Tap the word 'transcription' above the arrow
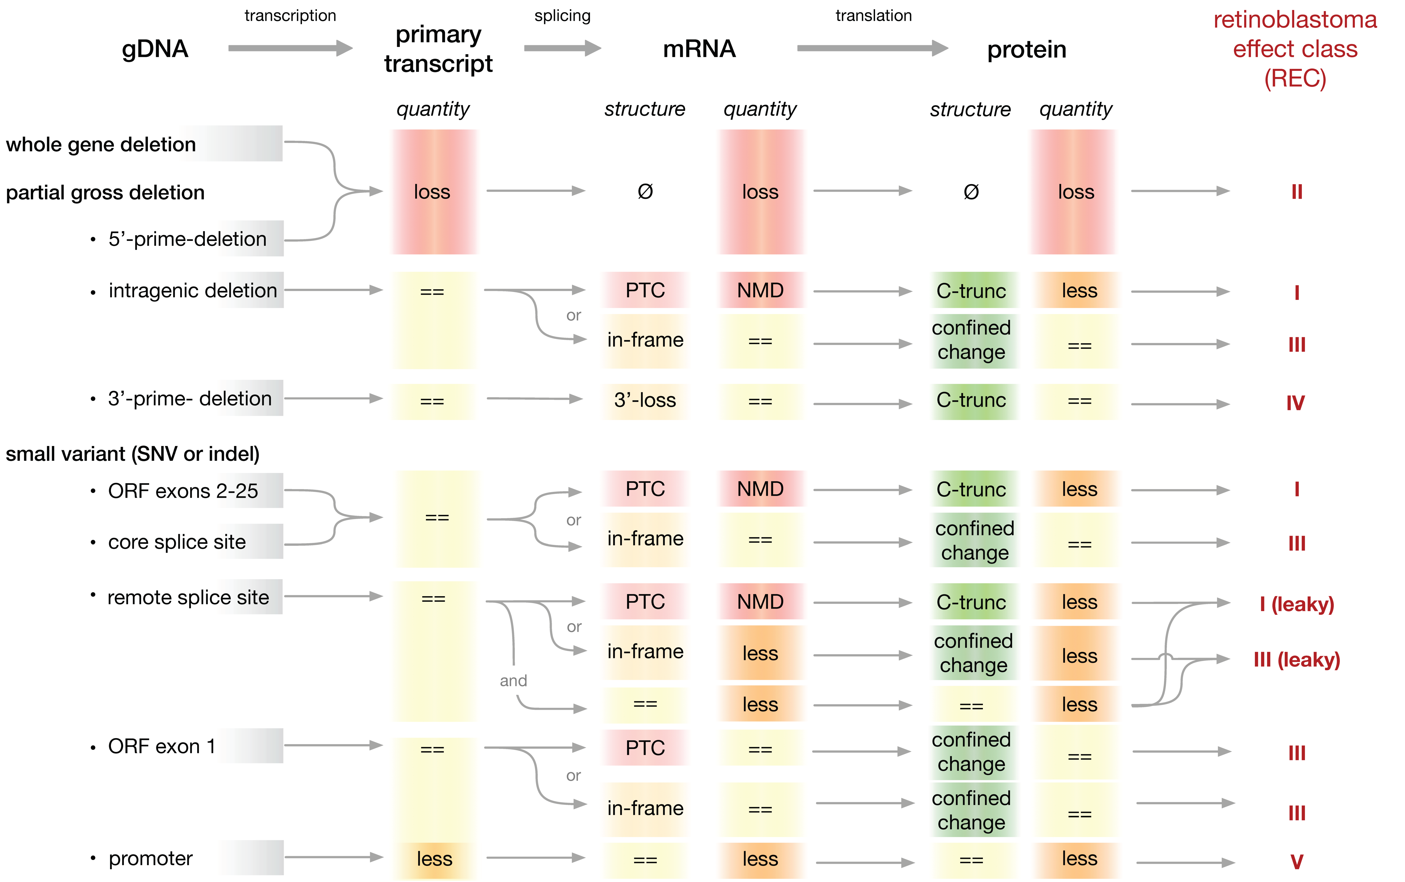coord(290,16)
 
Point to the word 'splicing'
coord(563,16)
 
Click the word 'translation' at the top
coord(874,16)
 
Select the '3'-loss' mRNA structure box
coord(645,400)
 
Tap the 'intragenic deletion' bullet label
coord(193,290)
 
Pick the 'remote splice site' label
coord(188,597)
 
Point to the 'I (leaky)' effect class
coord(1296,604)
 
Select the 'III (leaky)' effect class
coord(1296,660)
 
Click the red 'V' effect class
coord(1296,862)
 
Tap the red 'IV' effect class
coord(1295,403)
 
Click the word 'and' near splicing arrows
coord(513,681)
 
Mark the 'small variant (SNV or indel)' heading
coord(132,454)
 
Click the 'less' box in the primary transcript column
coord(434,859)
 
